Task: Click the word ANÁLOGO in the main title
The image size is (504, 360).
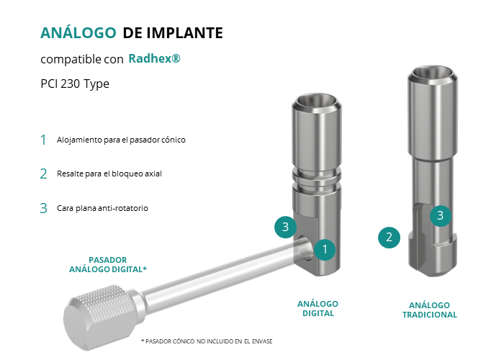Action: [x=78, y=32]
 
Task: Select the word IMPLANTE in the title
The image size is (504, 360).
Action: [x=185, y=33]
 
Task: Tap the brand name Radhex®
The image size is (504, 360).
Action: [x=154, y=58]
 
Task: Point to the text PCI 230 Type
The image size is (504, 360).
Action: [x=75, y=84]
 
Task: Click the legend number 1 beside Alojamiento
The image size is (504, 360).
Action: [x=43, y=140]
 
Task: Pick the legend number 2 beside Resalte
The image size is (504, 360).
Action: [x=43, y=174]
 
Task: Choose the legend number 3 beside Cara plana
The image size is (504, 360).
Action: [x=43, y=208]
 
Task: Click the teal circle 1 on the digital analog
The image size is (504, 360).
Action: [x=325, y=249]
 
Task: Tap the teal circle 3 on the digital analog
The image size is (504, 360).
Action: [x=285, y=227]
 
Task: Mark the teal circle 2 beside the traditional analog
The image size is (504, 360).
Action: [x=389, y=238]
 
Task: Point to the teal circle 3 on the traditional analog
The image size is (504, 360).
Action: [x=441, y=216]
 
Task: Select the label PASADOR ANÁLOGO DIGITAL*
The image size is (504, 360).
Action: [x=108, y=264]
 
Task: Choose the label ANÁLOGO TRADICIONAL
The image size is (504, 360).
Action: [x=429, y=310]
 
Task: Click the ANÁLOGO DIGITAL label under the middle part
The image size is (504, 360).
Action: [x=318, y=309]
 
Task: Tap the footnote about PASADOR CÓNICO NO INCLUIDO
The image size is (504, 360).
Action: [x=207, y=341]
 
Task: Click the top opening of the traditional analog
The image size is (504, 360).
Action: [x=433, y=73]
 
